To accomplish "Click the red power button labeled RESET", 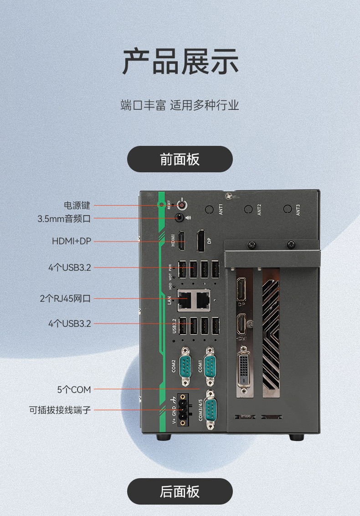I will [183, 205].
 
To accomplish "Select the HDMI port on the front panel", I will [181, 241].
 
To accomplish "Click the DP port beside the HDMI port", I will [201, 241].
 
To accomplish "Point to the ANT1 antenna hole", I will [210, 210].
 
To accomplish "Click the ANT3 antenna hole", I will [287, 209].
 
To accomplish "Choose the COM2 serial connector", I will [185, 366].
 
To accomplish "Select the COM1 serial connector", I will [210, 366].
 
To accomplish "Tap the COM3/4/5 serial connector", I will [210, 409].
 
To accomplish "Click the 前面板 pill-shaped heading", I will [180, 159].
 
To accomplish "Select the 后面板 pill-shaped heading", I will [180, 491].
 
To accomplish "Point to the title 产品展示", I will [180, 62].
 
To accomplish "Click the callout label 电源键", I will [77, 205].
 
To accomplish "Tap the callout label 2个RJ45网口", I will [65, 299].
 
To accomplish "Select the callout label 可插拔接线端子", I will [60, 410].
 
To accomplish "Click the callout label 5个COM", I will [74, 390].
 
